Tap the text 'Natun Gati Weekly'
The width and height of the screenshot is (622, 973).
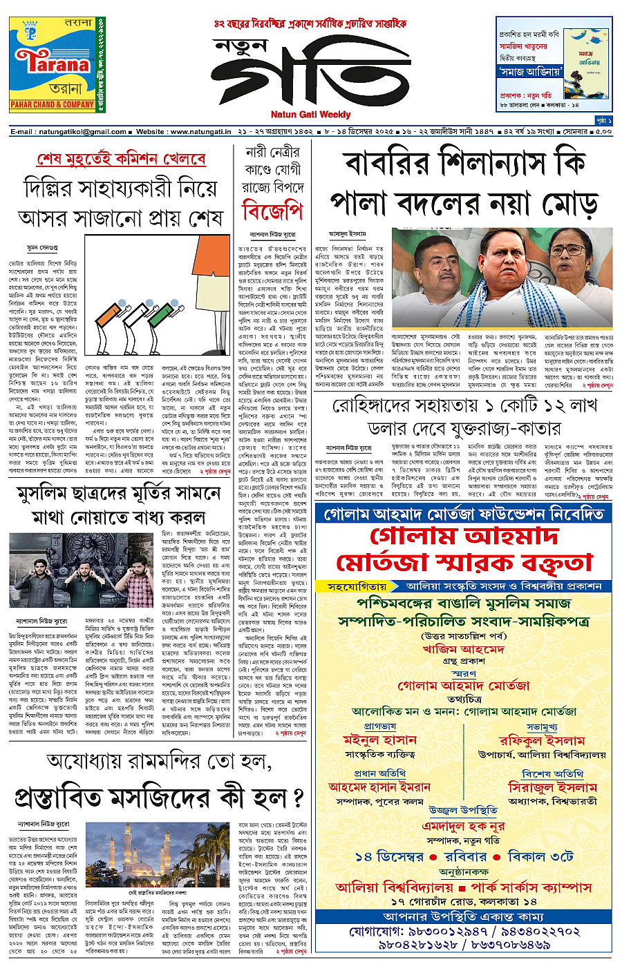click(x=310, y=114)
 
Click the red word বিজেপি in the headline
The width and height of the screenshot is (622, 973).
click(x=272, y=211)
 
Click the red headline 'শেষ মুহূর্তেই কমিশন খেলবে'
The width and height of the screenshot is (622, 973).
click(x=121, y=160)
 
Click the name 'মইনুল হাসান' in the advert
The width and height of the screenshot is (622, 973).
click(x=379, y=740)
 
